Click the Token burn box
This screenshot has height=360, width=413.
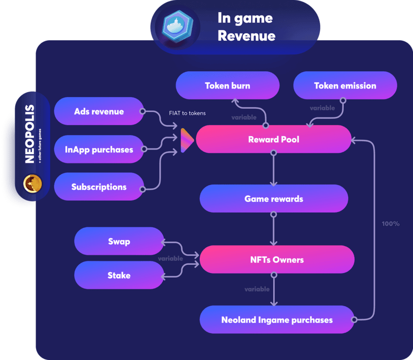227,86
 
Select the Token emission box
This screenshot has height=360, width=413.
345,86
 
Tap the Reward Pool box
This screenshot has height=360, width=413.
273,139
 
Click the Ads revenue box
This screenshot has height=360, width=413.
99,112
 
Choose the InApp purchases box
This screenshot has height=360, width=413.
99,149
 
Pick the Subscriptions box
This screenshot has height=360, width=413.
99,187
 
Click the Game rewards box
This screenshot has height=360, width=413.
274,199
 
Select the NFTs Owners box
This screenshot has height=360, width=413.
277,260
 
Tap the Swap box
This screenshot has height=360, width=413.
119,241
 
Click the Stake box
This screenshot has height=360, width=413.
119,275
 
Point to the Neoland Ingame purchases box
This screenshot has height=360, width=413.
277,320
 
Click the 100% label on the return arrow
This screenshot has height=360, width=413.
390,223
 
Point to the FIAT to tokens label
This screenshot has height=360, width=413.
187,113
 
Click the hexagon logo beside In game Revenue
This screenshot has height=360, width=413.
178,26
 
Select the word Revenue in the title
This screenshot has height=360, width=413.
246,36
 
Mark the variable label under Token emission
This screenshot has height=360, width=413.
322,108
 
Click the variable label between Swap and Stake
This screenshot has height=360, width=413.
170,259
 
